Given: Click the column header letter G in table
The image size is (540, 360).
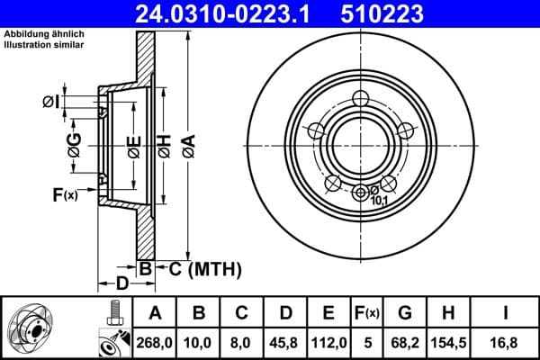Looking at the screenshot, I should [405, 312].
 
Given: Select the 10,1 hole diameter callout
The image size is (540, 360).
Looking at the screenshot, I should [381, 201].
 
